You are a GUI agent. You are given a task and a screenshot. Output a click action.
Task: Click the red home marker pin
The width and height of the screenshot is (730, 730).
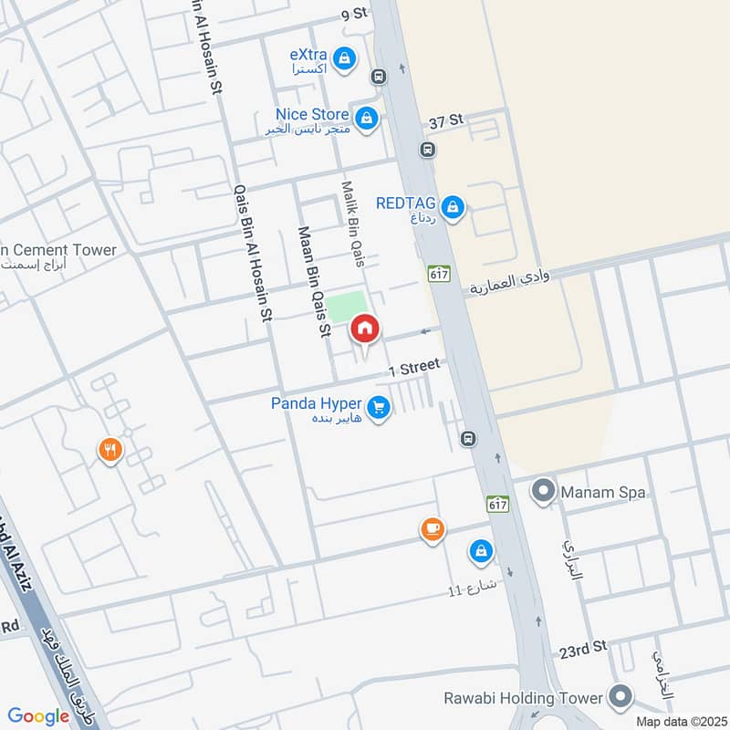click(365, 328)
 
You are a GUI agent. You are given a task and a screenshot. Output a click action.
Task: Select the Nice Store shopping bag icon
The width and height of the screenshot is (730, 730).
click(366, 119)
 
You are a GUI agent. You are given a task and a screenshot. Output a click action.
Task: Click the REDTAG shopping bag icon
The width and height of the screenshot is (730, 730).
click(454, 208)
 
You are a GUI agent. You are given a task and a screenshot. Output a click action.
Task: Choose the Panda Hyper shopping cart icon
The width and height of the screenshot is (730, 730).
click(380, 408)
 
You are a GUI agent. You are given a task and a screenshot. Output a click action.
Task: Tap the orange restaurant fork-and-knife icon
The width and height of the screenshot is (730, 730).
click(110, 450)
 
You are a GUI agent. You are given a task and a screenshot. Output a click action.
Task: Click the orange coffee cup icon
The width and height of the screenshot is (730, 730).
click(432, 529)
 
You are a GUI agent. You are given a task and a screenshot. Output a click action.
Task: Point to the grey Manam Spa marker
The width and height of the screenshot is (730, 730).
click(545, 493)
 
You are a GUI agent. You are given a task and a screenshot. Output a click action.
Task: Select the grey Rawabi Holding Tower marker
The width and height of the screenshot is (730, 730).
click(620, 698)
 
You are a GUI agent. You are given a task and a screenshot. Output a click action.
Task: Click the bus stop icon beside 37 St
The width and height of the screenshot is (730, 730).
click(427, 149)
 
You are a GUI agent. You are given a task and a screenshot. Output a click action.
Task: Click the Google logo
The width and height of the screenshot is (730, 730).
click(38, 716)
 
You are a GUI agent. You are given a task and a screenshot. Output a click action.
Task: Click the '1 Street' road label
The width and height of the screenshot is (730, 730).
click(414, 369)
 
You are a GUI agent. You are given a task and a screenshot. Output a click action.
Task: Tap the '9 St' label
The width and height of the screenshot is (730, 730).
click(353, 14)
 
